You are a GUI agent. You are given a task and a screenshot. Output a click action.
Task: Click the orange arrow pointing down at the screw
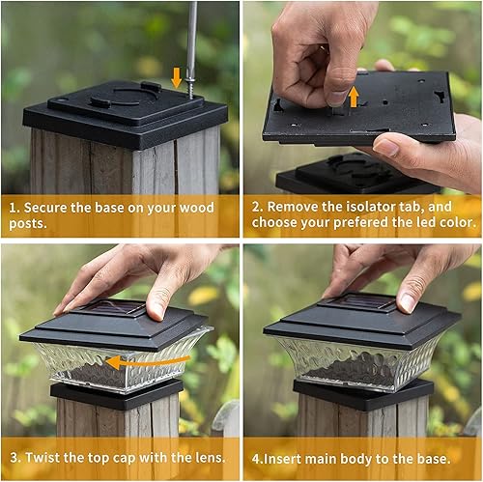click(x=176, y=76)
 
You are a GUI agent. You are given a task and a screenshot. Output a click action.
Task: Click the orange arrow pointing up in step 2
click(x=354, y=95)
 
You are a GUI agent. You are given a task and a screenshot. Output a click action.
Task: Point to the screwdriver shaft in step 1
click(x=191, y=39)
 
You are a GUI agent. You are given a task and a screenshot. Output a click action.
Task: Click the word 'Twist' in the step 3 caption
click(x=44, y=456)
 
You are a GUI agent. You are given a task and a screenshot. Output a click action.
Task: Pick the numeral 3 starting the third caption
click(x=12, y=456)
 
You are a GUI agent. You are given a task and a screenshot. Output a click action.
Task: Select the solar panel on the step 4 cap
click(x=358, y=303)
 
